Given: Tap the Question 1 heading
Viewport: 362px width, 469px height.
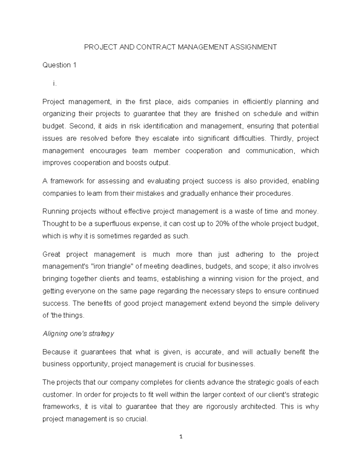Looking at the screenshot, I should (59, 65).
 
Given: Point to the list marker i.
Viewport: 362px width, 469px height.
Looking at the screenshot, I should (55, 84).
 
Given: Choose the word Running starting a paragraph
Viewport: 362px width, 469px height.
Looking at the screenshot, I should (55, 211).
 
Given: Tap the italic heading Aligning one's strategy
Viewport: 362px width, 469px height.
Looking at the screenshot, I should (78, 334).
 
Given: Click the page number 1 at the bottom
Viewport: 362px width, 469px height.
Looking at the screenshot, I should (181, 436).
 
